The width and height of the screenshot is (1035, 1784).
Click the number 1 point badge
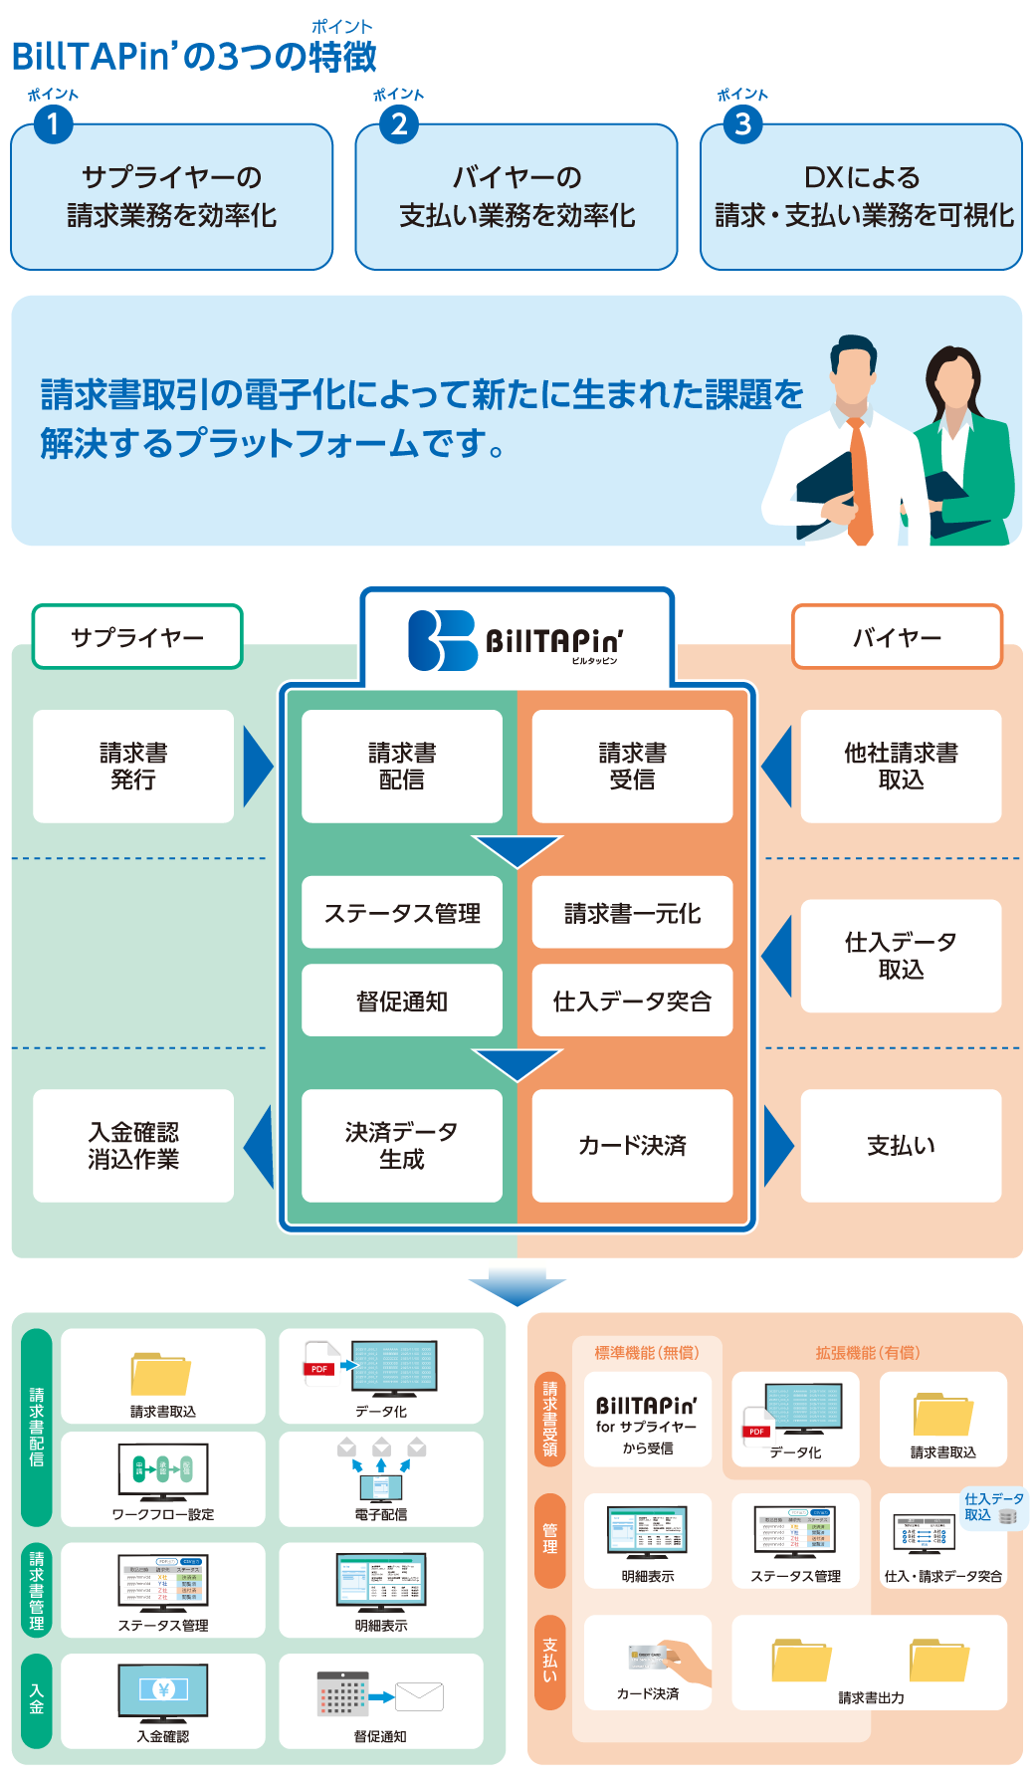pos(53,124)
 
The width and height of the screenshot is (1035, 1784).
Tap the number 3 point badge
pos(742,124)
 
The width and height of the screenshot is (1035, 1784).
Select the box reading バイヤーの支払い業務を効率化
pos(517,197)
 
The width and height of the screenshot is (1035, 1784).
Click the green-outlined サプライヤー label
pos(137,637)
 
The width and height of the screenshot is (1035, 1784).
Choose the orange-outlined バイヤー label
pos(897,637)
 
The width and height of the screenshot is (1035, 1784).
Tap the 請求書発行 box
pos(133,767)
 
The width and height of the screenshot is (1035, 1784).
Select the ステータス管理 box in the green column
pos(402,912)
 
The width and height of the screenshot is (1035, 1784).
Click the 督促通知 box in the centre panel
pos(402,1001)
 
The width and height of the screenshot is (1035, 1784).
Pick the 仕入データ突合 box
pos(632,1001)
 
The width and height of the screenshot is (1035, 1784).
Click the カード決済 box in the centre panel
pos(632,1145)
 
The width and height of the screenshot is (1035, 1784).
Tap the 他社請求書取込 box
pos(901,767)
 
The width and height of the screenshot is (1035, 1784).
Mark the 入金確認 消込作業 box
pos(133,1145)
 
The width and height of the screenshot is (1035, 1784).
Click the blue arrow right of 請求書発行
pos(257,767)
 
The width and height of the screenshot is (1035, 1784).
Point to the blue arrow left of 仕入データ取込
pos(778,956)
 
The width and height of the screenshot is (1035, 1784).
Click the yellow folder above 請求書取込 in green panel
pos(160,1374)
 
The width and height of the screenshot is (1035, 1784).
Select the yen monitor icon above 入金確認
pos(163,1690)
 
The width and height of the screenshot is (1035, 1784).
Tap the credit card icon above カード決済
pos(649,1657)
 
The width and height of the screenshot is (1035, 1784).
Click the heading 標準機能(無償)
pos(647,1353)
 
